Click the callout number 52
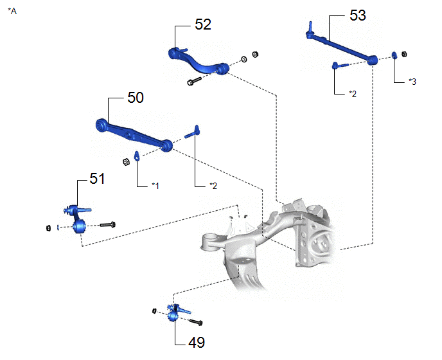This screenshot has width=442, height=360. coord(203,24)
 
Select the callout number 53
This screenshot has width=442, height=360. coord(358,15)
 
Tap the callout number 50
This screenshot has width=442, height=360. coord(136,98)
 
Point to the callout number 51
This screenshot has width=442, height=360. coord(97,179)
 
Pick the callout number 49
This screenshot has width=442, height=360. coord(197,343)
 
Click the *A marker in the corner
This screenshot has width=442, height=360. coord(12,11)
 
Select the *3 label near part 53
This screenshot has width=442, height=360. coord(412,82)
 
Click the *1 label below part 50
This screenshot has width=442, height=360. coord(155,185)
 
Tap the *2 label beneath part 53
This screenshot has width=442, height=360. coord(353,93)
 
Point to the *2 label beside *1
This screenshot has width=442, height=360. coord(213,186)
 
